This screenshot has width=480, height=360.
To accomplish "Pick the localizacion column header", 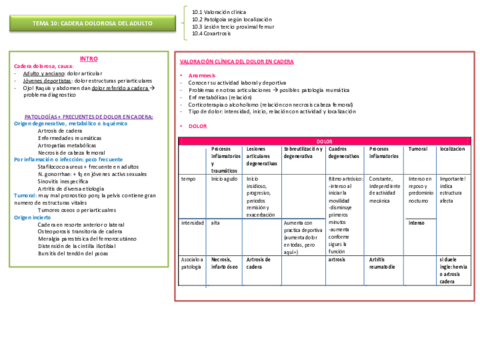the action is [x=451, y=148].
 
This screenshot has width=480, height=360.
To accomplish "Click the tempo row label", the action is [x=187, y=178].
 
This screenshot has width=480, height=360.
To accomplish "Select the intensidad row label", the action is [x=192, y=222].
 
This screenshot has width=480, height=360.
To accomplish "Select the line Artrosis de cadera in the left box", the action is [x=59, y=129].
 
